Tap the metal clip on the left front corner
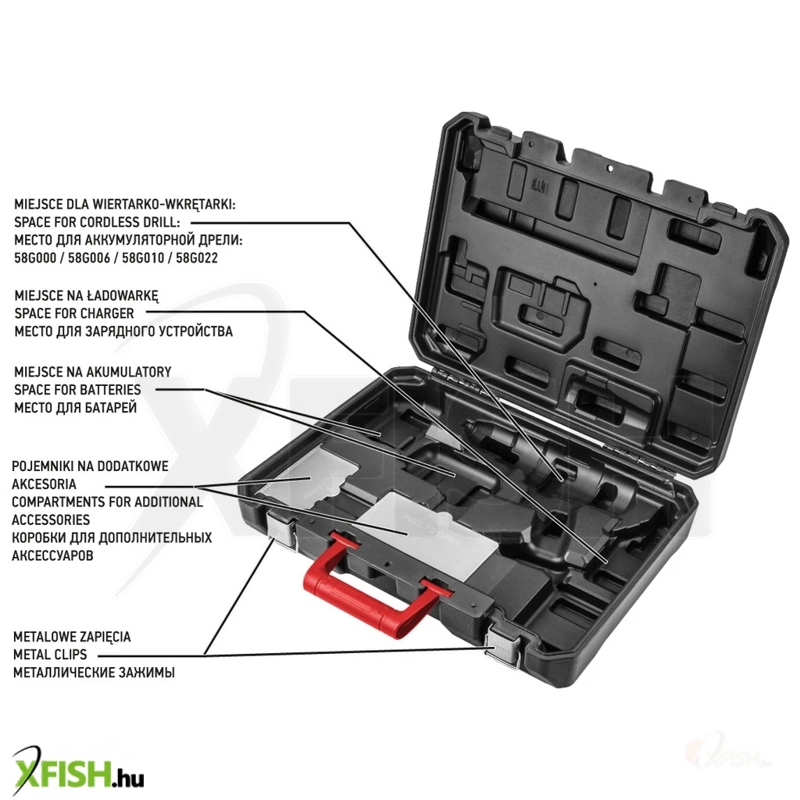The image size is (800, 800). tap(281, 530)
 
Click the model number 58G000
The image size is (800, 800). tap(35, 258)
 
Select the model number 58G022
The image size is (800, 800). tap(197, 258)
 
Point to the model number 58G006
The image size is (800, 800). tap(89, 258)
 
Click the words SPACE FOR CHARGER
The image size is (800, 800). tap(74, 313)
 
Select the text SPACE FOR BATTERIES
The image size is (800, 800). tap(77, 390)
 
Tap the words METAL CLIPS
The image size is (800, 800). tap(50, 655)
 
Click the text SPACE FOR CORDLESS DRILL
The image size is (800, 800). tap(97, 222)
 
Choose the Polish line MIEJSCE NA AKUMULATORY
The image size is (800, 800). tap(92, 372)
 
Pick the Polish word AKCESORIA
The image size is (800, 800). tap(44, 484)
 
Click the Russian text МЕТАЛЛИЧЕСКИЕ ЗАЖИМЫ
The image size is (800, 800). tap(94, 673)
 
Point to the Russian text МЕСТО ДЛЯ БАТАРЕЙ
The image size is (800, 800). tap(76, 408)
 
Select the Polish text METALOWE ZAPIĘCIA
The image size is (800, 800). tap(72, 637)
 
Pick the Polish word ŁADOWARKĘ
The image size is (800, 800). tap(123, 296)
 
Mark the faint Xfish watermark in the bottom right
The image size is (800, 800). tap(730, 755)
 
